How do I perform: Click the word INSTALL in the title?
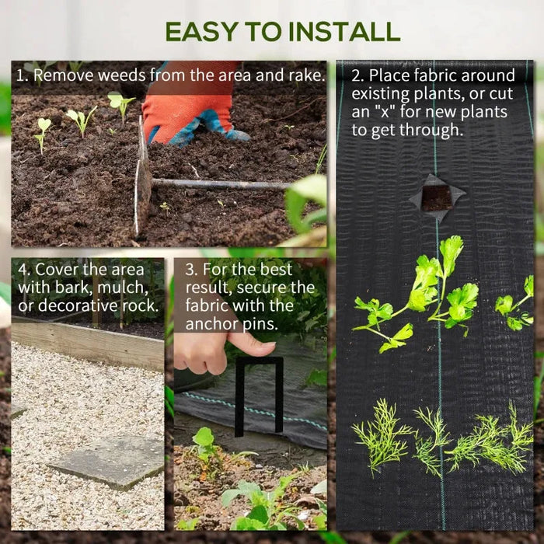pyautogui.click(x=345, y=31)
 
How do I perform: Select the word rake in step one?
pyautogui.click(x=306, y=76)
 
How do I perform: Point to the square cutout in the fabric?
pyautogui.click(x=437, y=197)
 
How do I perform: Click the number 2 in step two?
pyautogui.click(x=357, y=76)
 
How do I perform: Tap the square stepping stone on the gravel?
pyautogui.click(x=106, y=462)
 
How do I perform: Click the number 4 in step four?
pyautogui.click(x=23, y=270)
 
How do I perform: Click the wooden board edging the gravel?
pyautogui.click(x=85, y=342)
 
